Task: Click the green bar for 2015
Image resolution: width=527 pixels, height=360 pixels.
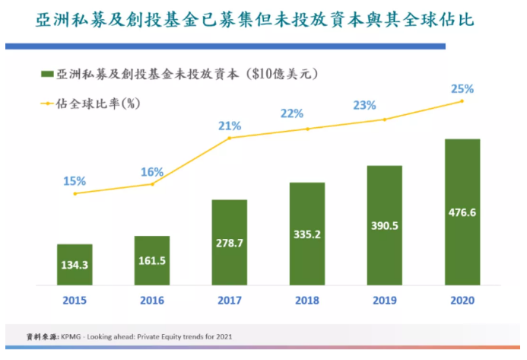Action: pos(75,263)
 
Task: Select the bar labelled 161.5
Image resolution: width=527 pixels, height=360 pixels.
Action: pos(152,260)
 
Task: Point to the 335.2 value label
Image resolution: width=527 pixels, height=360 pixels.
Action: pos(307,233)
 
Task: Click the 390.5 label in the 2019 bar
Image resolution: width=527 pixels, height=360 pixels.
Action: pos(384,225)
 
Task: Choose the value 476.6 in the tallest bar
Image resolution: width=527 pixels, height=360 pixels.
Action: pos(462,212)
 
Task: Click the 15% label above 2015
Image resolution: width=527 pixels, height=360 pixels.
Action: pos(75,180)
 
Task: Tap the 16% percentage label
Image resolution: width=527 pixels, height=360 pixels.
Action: pos(152,171)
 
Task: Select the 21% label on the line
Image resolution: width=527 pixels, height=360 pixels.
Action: pos(230,126)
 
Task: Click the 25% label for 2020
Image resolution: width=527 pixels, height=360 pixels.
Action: pos(462,89)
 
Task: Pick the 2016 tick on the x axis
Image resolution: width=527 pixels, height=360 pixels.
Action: pos(152,300)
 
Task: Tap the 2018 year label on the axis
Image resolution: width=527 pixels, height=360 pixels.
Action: pos(307,300)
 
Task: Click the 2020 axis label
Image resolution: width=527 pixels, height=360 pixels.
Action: pos(462,300)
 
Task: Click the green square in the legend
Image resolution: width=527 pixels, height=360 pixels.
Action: pos(47,75)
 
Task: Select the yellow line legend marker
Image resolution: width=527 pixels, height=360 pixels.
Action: pos(47,101)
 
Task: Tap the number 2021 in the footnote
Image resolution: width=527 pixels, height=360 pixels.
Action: pos(223,336)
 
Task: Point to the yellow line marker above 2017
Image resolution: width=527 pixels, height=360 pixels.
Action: pos(230,138)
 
